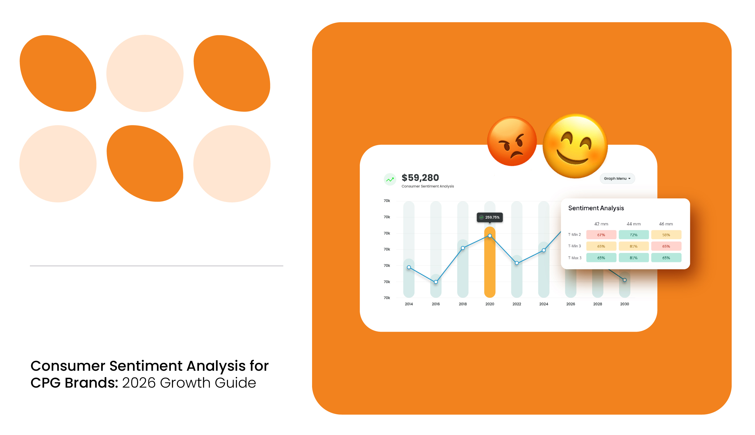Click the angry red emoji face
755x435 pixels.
pyautogui.click(x=512, y=141)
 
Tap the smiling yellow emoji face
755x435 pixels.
pyautogui.click(x=575, y=146)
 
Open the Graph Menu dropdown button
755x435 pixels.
pyautogui.click(x=617, y=178)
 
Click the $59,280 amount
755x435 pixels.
pyautogui.click(x=420, y=178)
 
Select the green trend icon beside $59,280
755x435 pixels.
pyautogui.click(x=390, y=179)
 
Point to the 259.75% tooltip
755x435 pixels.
pyautogui.click(x=489, y=217)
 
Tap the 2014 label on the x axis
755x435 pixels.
pyautogui.click(x=409, y=304)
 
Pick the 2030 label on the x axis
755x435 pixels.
pyautogui.click(x=624, y=304)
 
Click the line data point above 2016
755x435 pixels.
pyautogui.click(x=436, y=282)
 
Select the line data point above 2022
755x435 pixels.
pyautogui.click(x=517, y=263)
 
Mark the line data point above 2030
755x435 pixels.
pyautogui.click(x=624, y=280)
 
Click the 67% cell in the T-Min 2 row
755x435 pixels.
pyautogui.click(x=601, y=235)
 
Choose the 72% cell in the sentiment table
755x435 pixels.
pyautogui.click(x=633, y=235)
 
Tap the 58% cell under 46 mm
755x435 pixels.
pyautogui.click(x=666, y=235)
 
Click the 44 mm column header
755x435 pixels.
pyautogui.click(x=633, y=224)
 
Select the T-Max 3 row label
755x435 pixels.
pyautogui.click(x=575, y=258)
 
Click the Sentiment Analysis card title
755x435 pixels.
pyautogui.click(x=596, y=208)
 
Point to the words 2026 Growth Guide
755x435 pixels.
pyautogui.click(x=189, y=383)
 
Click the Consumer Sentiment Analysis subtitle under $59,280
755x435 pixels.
pyautogui.click(x=427, y=186)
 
